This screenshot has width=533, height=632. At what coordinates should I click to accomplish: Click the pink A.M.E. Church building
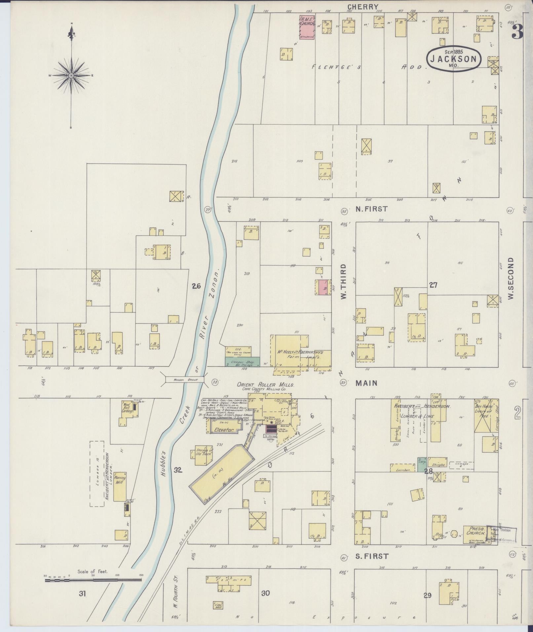tap(307, 27)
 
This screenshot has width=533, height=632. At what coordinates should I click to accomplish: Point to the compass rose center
tap(71, 76)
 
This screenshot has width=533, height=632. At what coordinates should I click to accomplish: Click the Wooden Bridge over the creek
tap(185, 380)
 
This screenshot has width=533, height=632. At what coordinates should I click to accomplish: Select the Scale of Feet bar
tap(93, 579)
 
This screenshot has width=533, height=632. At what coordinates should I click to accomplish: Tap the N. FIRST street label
tap(371, 209)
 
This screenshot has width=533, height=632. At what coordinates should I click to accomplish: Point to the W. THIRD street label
tap(344, 282)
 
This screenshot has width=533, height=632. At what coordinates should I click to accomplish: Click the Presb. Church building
tap(476, 531)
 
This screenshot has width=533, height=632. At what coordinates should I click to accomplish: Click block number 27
tap(433, 285)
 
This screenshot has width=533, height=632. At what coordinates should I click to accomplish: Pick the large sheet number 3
tap(517, 32)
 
